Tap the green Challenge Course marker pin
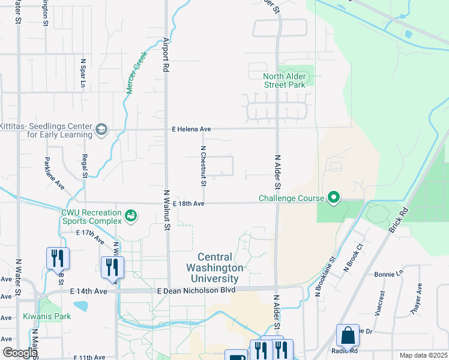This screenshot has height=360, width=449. [333, 197]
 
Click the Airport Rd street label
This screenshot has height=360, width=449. [166, 55]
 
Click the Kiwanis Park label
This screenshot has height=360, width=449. [47, 316]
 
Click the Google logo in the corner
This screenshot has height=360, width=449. [20, 353]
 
